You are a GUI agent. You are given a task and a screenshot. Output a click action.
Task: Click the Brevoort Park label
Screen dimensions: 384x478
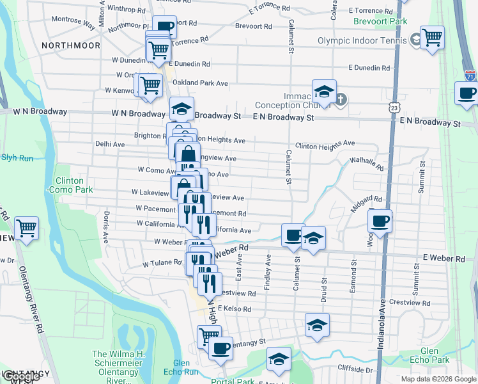[x=380, y=21]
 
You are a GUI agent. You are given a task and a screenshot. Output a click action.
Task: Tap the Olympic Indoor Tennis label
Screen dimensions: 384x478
[x=362, y=41]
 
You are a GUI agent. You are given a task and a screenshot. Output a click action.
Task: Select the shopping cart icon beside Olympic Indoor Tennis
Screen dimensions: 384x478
[x=432, y=37]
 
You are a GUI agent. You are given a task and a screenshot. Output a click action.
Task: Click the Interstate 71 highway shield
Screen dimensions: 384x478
[x=470, y=76]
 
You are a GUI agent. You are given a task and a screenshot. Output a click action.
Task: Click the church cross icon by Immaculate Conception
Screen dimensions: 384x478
[x=341, y=99]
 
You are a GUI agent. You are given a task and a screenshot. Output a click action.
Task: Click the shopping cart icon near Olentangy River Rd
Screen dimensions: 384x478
[x=26, y=227]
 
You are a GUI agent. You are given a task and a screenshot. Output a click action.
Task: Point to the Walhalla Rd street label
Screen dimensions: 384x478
[x=366, y=164]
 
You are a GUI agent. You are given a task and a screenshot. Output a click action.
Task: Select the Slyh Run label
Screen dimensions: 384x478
[x=17, y=156]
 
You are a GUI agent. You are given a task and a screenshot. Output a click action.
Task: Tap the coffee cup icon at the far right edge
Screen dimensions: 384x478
[x=466, y=93]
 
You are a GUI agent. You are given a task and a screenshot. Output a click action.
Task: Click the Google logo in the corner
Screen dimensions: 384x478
[x=20, y=376]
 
